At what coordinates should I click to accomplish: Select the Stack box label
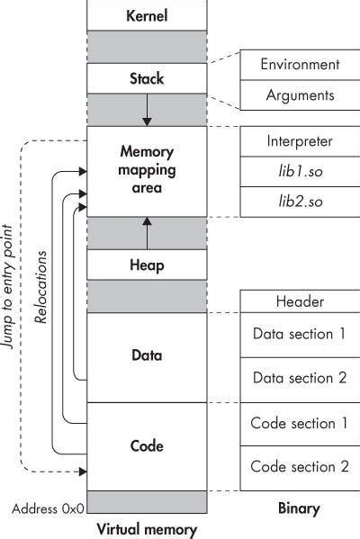[146, 78]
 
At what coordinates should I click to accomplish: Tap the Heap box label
[146, 265]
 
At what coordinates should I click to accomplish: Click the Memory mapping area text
[146, 171]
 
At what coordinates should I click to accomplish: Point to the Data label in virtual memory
[146, 355]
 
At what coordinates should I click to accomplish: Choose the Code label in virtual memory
[146, 446]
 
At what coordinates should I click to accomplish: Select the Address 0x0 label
[49, 508]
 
